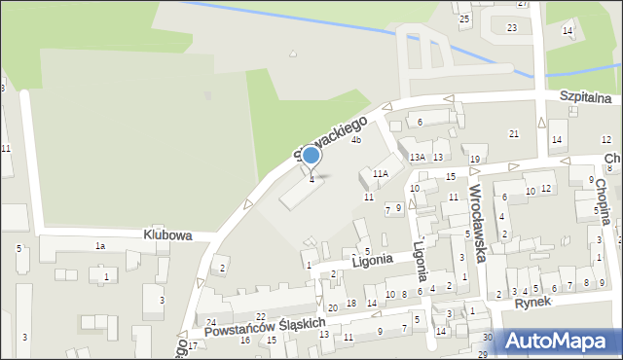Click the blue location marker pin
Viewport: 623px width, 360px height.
coord(311,156)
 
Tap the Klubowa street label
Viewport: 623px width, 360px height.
coord(167,235)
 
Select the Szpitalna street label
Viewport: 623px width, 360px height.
coord(585,98)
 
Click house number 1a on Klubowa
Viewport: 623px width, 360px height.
coord(99,246)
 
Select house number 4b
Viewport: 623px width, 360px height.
coord(356,140)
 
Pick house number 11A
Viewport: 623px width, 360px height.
coord(380,173)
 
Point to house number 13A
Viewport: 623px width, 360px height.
coord(417,157)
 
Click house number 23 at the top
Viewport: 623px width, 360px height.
coord(512,28)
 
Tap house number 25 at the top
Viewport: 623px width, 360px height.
coord(464,19)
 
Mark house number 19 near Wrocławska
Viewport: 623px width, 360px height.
coord(475,160)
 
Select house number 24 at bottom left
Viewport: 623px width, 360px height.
coord(210,322)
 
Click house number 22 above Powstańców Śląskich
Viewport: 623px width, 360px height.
coord(260,317)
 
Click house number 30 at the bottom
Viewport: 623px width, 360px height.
coord(487,337)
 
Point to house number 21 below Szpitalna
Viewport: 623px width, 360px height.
coord(514,133)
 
